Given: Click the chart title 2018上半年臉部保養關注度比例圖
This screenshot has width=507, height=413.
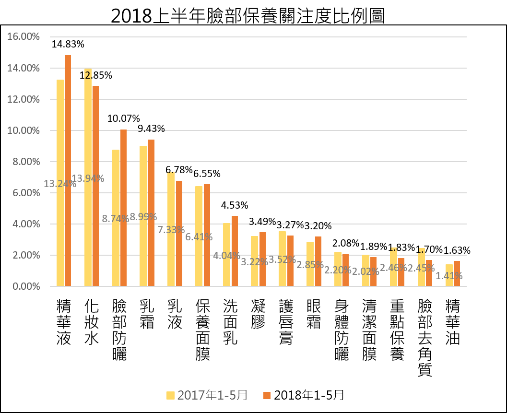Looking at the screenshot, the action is [248, 15].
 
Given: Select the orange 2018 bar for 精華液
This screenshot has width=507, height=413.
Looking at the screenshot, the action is [68, 170].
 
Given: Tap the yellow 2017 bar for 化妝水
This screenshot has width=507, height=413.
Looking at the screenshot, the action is [88, 177].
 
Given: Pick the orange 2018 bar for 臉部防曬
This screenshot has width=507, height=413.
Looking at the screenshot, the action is [124, 208].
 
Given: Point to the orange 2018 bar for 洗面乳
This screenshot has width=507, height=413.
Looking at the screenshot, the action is [235, 251].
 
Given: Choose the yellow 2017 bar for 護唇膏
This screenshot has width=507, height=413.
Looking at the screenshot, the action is [282, 259].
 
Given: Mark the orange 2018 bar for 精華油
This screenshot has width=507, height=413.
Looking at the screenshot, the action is [457, 273].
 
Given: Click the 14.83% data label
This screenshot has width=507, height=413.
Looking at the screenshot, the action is [68, 44].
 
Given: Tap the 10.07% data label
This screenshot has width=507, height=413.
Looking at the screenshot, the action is [124, 118].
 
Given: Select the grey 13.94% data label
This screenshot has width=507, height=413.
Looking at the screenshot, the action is [88, 178].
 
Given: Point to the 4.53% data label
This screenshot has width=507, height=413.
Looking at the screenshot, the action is [235, 205].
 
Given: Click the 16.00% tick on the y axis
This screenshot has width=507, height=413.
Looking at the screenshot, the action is [24, 36].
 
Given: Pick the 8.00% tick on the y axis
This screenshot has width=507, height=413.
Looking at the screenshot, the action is [26, 161].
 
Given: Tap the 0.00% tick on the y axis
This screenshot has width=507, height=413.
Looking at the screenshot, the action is [26, 286].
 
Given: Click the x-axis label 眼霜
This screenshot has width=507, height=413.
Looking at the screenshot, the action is [314, 314].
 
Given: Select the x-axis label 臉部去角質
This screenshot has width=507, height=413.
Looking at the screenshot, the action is [425, 338].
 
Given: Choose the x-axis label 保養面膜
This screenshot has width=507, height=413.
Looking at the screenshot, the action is [203, 330].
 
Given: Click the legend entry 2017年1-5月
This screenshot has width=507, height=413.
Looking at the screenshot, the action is [207, 395].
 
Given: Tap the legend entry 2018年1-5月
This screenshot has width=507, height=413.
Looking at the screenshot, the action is [304, 395].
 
